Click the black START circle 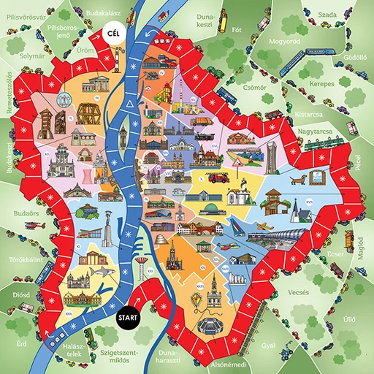point(127,317)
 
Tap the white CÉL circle point(112,34)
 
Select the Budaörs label point(16,213)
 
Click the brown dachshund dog point(297,178)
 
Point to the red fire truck point(218,177)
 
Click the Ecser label point(336,254)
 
